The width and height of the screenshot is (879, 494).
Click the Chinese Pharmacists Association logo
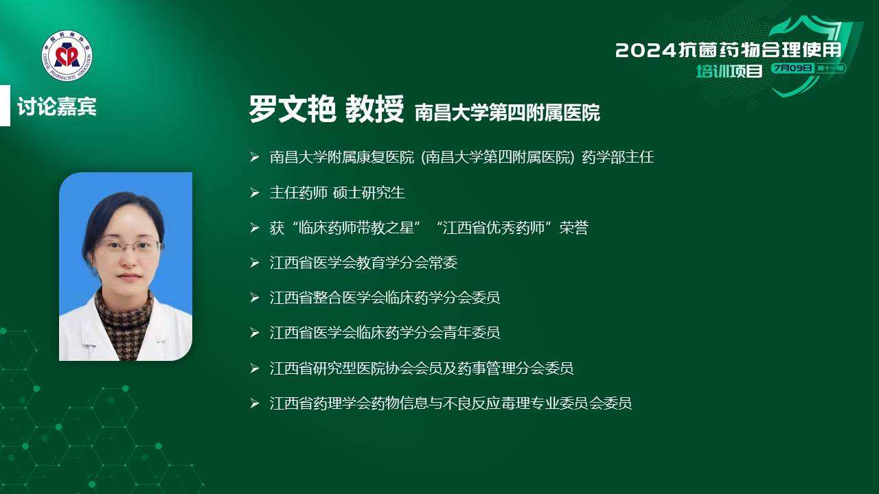[x=67, y=56]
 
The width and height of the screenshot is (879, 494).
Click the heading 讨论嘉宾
[x=57, y=106]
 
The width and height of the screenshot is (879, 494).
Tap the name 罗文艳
[x=293, y=109]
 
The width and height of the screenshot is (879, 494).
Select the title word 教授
[x=374, y=109]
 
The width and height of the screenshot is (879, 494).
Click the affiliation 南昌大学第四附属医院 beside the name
[x=507, y=113]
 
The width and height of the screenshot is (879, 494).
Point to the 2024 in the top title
[x=646, y=51]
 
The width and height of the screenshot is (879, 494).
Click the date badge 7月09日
[x=792, y=68]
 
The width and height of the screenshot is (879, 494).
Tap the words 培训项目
[x=729, y=71]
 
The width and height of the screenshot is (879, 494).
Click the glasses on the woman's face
[x=128, y=246]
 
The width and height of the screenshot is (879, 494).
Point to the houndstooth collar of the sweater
[x=124, y=309]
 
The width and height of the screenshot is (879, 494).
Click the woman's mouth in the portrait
[x=128, y=277]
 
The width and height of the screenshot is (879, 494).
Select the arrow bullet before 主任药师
[x=255, y=193]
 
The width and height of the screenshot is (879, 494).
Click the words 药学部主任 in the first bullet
[x=617, y=157]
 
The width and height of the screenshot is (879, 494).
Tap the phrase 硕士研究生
[x=369, y=193]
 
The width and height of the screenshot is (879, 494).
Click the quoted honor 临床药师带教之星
[x=356, y=228]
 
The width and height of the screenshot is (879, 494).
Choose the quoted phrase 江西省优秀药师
[x=493, y=228]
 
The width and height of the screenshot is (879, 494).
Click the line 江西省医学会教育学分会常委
[x=363, y=263]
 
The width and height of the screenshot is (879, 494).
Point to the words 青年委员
[x=471, y=333]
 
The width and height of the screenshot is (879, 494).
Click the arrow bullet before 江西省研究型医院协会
[x=255, y=368]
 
